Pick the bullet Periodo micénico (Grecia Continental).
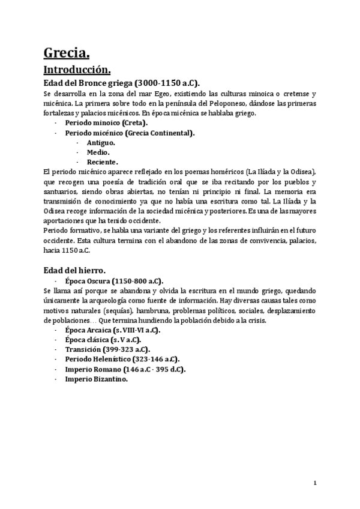click(130, 132)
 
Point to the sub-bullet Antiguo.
click(101, 142)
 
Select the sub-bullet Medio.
click(98, 152)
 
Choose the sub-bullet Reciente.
click(102, 161)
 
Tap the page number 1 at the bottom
click(314, 483)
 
